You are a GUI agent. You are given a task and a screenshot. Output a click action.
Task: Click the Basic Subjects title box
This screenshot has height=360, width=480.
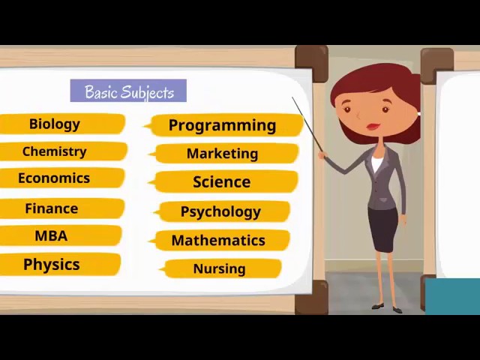point(128,91)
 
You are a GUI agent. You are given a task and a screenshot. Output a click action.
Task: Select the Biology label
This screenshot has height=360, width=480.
point(55,124)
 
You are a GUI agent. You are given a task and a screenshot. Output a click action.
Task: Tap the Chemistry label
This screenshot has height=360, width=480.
point(55,151)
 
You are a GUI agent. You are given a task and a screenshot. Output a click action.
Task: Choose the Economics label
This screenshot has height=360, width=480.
point(54,178)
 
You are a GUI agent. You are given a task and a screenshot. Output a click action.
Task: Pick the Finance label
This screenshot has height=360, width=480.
point(52,208)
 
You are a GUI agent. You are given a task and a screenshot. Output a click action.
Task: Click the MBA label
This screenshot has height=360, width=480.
point(51,235)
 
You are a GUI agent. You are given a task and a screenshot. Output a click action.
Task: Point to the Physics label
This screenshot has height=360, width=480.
point(52,264)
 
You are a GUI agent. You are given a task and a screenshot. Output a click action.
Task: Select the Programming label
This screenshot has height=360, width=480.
point(222,125)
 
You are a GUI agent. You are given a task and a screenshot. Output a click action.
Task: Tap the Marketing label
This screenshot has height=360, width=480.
point(222,154)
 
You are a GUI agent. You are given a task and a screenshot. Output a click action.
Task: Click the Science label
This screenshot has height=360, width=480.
point(221,181)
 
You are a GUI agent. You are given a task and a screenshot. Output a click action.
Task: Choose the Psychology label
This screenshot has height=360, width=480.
point(220,211)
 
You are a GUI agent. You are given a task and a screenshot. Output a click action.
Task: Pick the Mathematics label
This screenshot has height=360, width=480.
point(218,240)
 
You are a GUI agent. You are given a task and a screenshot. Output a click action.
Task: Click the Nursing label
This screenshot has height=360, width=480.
point(219,268)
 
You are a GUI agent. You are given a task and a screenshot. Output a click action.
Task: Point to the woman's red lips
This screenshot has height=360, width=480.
point(373,127)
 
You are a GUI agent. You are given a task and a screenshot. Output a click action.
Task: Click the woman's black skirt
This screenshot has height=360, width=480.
point(382,229)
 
